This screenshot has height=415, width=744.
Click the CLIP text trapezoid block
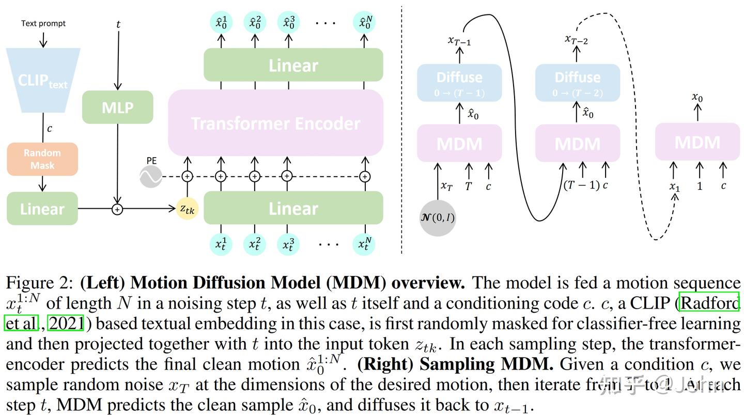[42, 81]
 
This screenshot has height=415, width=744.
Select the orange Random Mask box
[42, 159]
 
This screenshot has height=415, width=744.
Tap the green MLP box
[118, 107]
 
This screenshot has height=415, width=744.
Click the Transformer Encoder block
[275, 123]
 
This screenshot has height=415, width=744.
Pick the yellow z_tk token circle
[187, 208]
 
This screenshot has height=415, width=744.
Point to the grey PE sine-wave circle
[151, 177]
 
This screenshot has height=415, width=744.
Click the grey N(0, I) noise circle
[437, 218]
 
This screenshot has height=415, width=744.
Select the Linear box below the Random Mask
[42, 209]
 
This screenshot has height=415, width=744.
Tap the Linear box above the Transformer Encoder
[293, 65]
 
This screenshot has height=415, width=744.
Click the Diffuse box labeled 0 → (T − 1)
[459, 83]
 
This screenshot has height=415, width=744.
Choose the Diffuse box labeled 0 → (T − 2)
[577, 83]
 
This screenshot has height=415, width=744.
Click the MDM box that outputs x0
[697, 142]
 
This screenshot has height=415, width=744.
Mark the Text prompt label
[43, 23]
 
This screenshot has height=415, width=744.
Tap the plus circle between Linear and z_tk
[118, 209]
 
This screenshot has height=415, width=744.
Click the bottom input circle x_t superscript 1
[221, 244]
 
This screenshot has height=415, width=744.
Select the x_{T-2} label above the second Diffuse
[576, 40]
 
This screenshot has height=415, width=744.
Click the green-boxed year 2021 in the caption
[66, 324]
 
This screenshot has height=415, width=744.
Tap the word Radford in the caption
[710, 303]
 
